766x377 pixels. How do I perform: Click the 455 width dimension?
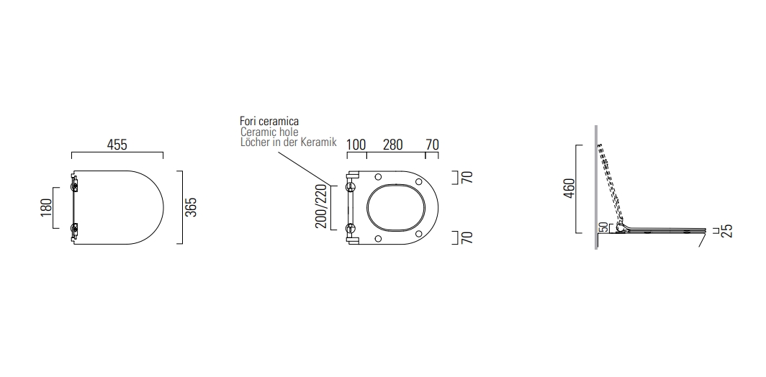coord(117,145)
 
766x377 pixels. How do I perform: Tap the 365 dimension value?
coord(191,207)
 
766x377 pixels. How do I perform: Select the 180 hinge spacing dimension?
coord(45,207)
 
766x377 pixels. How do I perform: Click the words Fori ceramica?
coord(269,122)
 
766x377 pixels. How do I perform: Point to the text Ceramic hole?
coord(269,132)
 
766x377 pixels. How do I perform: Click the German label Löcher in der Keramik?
coord(288,142)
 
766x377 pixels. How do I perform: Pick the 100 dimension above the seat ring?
coord(356,145)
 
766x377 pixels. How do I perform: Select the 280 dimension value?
coord(392,145)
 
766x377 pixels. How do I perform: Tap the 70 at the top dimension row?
coord(432,145)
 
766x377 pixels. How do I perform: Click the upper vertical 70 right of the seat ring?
coord(467,178)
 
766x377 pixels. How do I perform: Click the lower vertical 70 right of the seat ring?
coord(467,237)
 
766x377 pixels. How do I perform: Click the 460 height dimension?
coord(569,189)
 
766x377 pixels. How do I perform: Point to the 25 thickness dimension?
coord(726,230)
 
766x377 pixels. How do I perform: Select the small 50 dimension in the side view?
coord(603,227)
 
